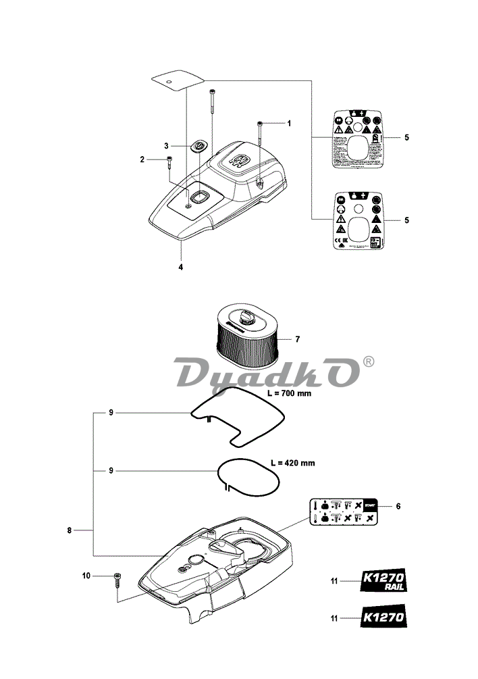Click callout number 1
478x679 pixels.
click(x=289, y=124)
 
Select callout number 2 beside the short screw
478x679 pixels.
click(x=142, y=159)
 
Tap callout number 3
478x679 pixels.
click(x=166, y=145)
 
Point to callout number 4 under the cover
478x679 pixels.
click(x=180, y=266)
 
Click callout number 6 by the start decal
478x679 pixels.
click(x=398, y=505)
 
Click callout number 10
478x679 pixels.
click(x=86, y=576)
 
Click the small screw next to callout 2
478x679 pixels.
click(x=168, y=162)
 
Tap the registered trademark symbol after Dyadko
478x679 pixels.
click(x=368, y=362)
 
